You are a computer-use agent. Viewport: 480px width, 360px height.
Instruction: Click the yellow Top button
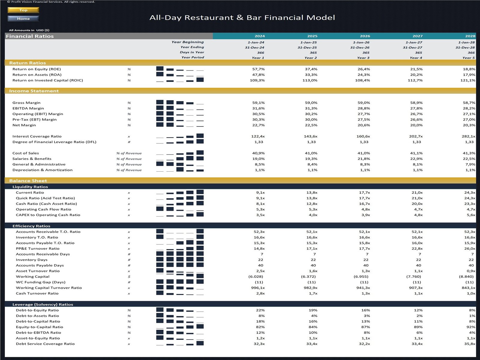click(x=23, y=10)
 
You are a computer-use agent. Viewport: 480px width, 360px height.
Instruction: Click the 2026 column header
click(x=365, y=36)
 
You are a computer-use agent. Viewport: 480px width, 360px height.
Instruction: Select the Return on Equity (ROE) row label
click(x=37, y=69)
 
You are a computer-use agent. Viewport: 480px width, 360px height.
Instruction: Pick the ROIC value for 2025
click(x=310, y=80)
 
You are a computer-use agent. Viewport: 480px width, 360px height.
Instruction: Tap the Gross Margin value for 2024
click(x=258, y=103)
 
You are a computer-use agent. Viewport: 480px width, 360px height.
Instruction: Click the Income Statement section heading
click(x=34, y=91)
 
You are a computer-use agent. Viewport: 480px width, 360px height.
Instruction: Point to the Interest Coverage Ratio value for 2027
click(x=415, y=136)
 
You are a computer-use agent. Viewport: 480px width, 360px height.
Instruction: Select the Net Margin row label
click(x=24, y=125)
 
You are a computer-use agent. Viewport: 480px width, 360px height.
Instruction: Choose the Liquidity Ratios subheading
click(x=30, y=187)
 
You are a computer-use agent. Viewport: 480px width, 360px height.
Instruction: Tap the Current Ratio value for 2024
click(x=260, y=193)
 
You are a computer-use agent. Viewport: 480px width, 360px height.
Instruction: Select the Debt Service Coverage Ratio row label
click(x=45, y=344)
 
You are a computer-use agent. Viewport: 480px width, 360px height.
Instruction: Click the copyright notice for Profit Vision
click(x=51, y=2)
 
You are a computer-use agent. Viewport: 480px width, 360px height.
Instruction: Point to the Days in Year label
click(x=192, y=52)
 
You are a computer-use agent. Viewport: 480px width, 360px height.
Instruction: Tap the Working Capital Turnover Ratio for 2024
click(x=258, y=288)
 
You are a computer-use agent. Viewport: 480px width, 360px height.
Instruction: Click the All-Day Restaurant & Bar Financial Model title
click(x=242, y=18)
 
